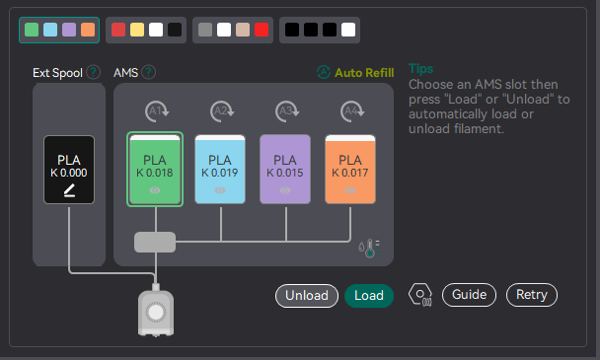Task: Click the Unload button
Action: (x=306, y=295)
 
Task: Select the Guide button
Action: (x=469, y=295)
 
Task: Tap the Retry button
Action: (x=532, y=295)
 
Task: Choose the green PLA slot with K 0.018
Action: (x=155, y=169)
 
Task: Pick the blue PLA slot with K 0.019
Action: (x=220, y=169)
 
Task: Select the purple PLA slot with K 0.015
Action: (x=284, y=169)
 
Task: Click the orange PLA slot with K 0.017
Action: (x=349, y=169)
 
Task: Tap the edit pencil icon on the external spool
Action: (x=69, y=189)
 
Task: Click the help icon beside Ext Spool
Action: (x=94, y=72)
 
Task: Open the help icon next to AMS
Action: (x=149, y=72)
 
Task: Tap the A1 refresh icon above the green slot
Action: (x=155, y=110)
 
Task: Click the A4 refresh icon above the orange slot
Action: (x=349, y=110)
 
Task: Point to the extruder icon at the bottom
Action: (x=155, y=311)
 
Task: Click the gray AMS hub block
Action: (x=155, y=241)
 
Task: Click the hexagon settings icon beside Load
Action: (x=419, y=295)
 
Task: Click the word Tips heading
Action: (x=421, y=69)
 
